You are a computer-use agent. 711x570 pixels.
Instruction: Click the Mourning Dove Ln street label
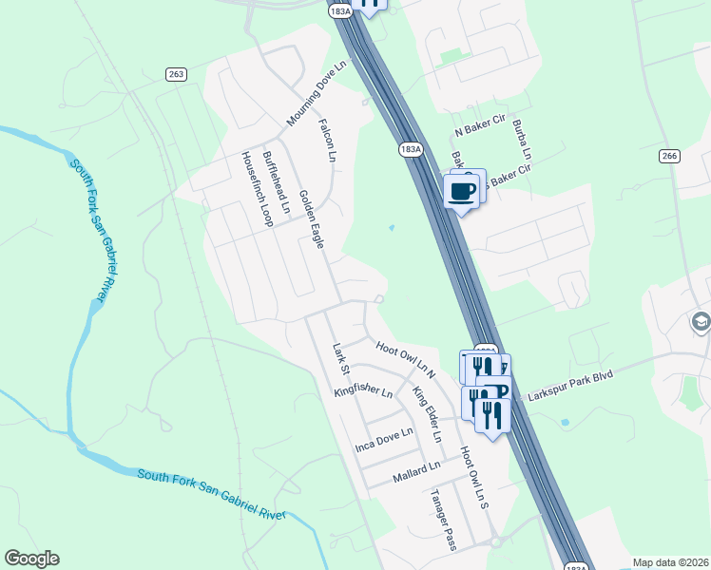[318, 93]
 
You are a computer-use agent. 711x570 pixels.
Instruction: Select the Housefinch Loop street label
[256, 189]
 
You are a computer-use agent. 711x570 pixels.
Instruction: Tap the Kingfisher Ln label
[363, 390]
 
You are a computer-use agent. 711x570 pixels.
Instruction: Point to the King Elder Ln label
[427, 414]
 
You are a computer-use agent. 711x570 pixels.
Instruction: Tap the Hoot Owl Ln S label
[473, 475]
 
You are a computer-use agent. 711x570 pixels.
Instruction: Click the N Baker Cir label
[479, 132]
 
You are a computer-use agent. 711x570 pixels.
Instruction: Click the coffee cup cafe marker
[462, 191]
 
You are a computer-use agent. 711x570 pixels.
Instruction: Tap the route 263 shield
[176, 74]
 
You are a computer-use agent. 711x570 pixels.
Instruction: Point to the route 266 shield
[669, 156]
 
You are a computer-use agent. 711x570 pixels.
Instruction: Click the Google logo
[32, 559]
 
